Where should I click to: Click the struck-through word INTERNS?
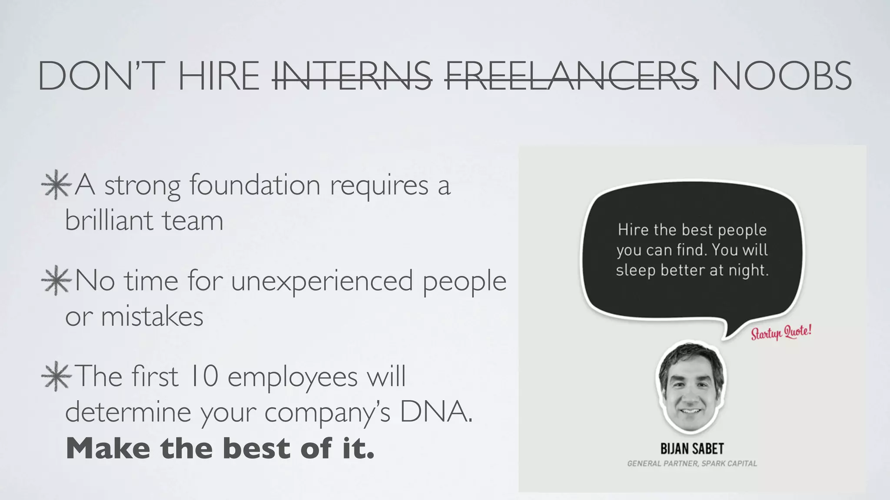(352, 76)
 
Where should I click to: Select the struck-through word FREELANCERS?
(571, 76)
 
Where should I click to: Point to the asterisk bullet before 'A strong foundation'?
(56, 186)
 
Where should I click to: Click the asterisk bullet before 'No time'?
(56, 281)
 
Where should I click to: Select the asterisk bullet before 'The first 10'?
(56, 377)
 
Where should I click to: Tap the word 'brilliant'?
(109, 220)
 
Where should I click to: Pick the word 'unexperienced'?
(322, 281)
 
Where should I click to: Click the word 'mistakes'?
(152, 316)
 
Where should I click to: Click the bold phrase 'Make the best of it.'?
(220, 448)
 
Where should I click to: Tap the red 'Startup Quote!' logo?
(781, 332)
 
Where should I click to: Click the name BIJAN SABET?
(692, 448)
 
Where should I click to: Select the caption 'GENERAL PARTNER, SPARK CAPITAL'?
(692, 464)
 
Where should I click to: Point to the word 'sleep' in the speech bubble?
(635, 270)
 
